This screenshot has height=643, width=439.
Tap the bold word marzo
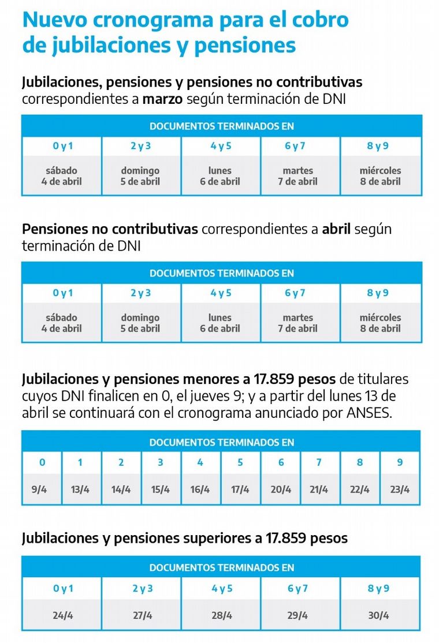(x=163, y=99)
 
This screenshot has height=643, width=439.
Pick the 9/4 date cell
(x=42, y=489)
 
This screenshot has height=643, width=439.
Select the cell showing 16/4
(x=200, y=489)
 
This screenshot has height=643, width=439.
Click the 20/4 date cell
(x=281, y=489)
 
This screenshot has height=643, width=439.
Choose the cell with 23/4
(x=400, y=489)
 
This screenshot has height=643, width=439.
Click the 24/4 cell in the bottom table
(x=62, y=615)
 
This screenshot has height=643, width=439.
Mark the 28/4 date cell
(x=222, y=615)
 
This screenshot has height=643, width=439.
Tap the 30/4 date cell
(x=379, y=615)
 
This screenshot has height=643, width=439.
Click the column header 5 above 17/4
(x=240, y=463)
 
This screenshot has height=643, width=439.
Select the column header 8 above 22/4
(x=360, y=463)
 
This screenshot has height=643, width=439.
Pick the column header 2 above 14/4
(x=121, y=463)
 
